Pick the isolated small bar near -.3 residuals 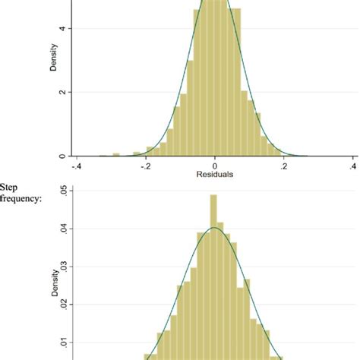coord(115,154)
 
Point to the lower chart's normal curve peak coord(215,228)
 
